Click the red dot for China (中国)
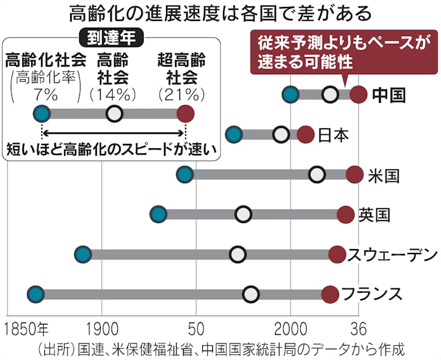(359, 95)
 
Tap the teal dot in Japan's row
(234, 134)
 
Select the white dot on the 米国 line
(317, 174)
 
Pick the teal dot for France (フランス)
(35, 294)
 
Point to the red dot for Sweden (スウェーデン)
(338, 254)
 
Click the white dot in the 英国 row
(243, 214)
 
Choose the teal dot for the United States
(184, 174)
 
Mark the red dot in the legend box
(185, 114)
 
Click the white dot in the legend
(114, 114)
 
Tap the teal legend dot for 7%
(42, 114)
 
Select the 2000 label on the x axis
(291, 330)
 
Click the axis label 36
(359, 330)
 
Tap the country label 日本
(333, 135)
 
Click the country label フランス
(372, 294)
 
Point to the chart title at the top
(220, 13)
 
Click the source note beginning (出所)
(220, 349)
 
